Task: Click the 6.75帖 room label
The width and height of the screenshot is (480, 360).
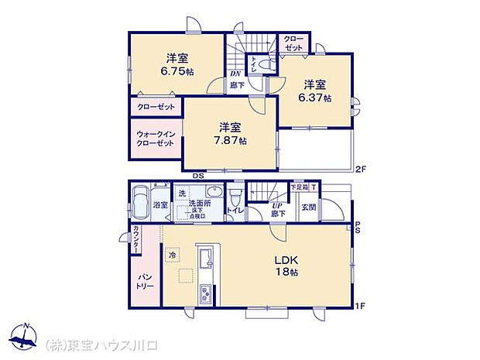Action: (177, 64)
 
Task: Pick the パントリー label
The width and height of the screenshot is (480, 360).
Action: (146, 281)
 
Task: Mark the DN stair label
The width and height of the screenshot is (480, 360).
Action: (235, 74)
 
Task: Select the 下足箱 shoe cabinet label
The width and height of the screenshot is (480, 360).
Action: (299, 187)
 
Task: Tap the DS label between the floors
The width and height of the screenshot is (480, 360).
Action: (199, 175)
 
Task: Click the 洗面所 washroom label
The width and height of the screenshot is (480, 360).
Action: (201, 204)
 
